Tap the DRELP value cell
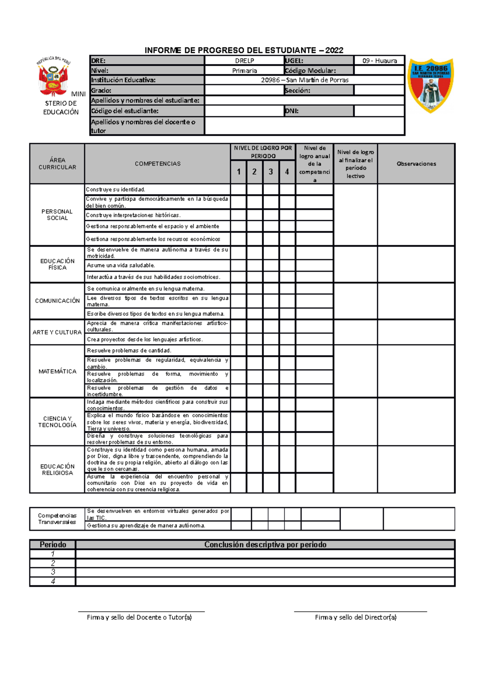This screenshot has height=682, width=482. [x=244, y=61]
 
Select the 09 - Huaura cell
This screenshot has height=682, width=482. [x=379, y=61]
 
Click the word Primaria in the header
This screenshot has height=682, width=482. [x=244, y=71]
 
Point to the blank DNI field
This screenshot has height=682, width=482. [x=379, y=111]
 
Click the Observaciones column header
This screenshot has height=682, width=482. [x=416, y=164]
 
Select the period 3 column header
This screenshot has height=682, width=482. [x=271, y=172]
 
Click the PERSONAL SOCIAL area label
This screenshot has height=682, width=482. [x=57, y=215]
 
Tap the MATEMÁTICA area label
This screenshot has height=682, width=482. [x=57, y=372]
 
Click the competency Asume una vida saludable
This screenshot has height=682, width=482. [x=121, y=265]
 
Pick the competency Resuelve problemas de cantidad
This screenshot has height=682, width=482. [x=129, y=351]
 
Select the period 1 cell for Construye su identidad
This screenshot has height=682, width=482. [x=238, y=190]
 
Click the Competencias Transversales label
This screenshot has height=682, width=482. [x=57, y=519]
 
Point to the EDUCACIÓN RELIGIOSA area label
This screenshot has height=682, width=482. [x=57, y=470]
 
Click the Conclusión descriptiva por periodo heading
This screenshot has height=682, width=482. [x=265, y=545]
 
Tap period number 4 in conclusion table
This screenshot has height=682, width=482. [x=53, y=581]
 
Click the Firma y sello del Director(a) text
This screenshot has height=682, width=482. [x=355, y=617]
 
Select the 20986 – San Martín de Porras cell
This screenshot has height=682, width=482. [x=304, y=80]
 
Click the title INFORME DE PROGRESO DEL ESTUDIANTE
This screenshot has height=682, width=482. [x=244, y=50]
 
